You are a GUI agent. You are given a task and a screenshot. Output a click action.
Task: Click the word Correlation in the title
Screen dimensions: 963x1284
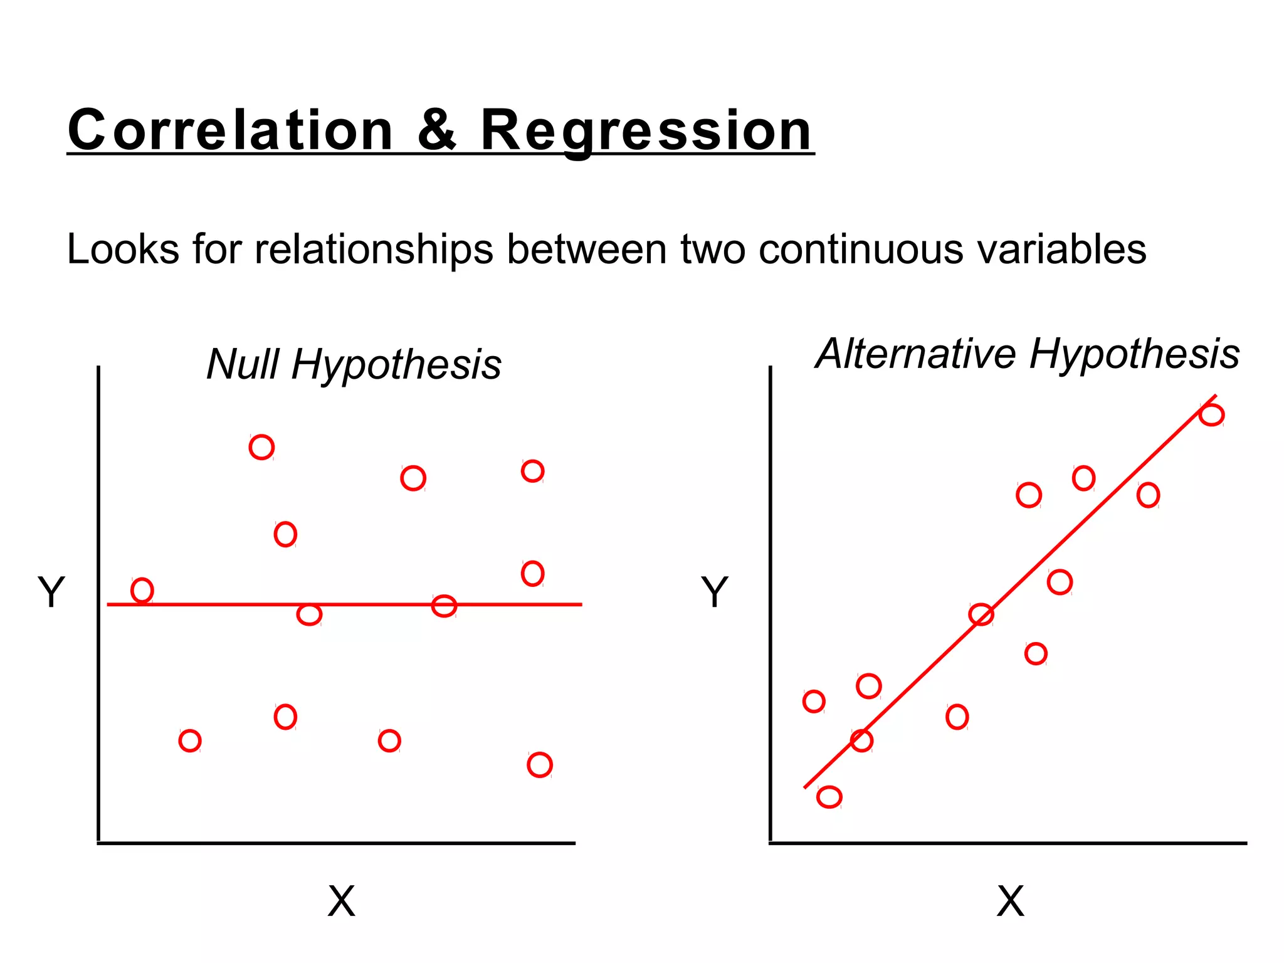[x=230, y=130]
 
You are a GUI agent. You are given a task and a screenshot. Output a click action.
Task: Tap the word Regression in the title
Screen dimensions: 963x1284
[x=646, y=130]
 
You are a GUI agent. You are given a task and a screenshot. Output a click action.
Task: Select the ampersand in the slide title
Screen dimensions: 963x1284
[x=437, y=130]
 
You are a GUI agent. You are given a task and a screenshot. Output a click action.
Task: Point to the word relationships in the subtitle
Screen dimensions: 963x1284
[x=374, y=249]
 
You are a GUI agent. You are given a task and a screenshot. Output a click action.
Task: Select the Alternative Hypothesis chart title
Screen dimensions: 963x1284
[x=1027, y=354]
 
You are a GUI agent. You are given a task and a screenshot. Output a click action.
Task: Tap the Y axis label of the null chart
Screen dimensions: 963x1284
[x=51, y=591]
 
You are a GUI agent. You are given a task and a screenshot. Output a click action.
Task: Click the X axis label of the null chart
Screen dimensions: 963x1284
[x=341, y=902]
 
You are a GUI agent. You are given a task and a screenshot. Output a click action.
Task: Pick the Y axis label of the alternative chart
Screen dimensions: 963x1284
[x=714, y=591]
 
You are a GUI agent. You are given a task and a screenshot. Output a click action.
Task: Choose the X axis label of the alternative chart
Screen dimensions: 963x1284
[x=1010, y=902]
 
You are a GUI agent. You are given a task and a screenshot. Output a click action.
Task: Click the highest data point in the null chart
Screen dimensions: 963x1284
[x=261, y=447]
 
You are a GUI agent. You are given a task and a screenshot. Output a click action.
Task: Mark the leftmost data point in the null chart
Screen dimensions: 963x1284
[x=142, y=590]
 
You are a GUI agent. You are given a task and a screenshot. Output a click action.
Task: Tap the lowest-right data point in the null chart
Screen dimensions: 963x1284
[x=539, y=764]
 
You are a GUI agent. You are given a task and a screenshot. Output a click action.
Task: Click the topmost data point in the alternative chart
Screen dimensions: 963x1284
[x=1211, y=414]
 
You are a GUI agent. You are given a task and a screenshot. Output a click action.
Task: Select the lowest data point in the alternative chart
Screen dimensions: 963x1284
[x=829, y=797]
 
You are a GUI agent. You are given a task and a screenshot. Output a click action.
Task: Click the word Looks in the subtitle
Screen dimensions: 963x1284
[x=123, y=249]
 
